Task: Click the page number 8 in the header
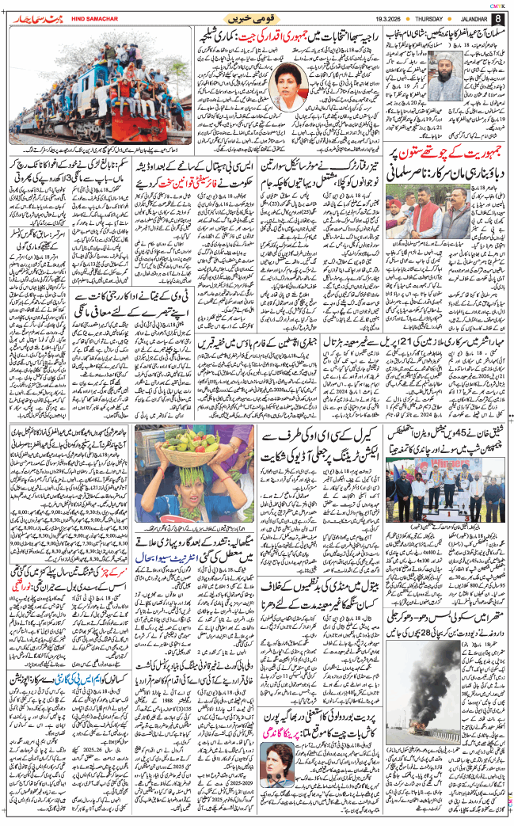click(x=497, y=17)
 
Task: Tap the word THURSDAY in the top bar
click(x=417, y=17)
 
